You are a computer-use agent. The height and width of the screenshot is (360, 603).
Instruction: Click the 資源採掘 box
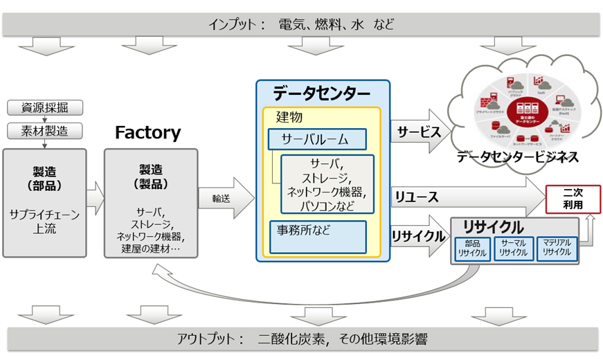(45, 108)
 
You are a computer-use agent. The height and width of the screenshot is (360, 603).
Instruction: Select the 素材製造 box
(45, 130)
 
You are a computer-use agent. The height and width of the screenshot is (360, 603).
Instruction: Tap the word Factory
(147, 132)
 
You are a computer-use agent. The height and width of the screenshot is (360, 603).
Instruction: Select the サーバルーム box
(317, 140)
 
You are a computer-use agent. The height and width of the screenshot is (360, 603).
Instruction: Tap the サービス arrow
(420, 130)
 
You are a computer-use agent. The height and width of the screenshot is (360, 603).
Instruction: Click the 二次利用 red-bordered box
(573, 199)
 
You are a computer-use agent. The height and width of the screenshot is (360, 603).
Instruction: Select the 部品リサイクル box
(472, 249)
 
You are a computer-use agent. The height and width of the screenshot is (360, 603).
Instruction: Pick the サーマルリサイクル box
(514, 249)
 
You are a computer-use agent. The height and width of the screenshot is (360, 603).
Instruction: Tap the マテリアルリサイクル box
(557, 249)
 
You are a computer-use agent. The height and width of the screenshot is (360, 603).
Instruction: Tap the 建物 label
(289, 117)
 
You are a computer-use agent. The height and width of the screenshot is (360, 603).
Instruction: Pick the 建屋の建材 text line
(150, 248)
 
